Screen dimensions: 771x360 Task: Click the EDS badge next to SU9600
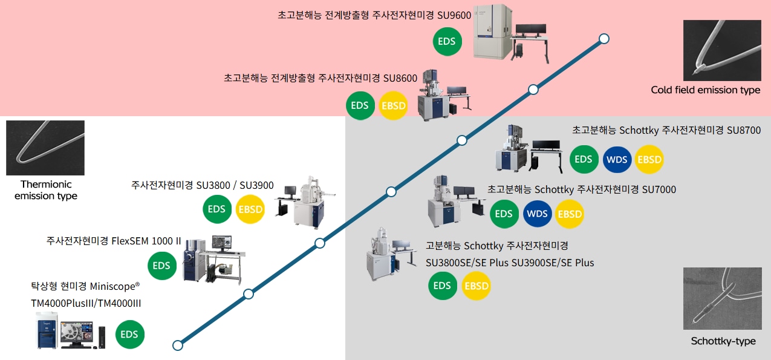click(447, 41)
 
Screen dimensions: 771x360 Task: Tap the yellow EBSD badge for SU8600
click(393, 106)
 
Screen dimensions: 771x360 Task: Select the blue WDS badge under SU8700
click(617, 160)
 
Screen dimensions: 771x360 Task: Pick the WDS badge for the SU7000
click(537, 214)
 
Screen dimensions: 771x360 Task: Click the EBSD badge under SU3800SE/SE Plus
click(477, 286)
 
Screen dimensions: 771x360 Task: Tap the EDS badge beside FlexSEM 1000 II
click(162, 266)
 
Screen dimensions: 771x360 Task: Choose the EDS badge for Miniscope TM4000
click(129, 335)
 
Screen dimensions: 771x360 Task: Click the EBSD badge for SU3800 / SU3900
click(250, 209)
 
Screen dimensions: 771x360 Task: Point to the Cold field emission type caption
click(705, 90)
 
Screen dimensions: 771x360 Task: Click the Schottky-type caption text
click(723, 341)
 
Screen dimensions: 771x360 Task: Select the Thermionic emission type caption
click(46, 190)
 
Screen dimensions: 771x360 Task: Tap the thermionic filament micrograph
click(45, 148)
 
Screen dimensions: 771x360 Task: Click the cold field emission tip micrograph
click(722, 50)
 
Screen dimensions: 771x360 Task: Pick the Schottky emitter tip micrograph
click(723, 298)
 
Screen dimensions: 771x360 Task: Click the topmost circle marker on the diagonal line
click(604, 39)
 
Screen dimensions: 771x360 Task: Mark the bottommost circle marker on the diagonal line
click(178, 345)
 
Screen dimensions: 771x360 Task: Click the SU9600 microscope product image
click(511, 34)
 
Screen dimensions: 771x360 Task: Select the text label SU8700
click(743, 130)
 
